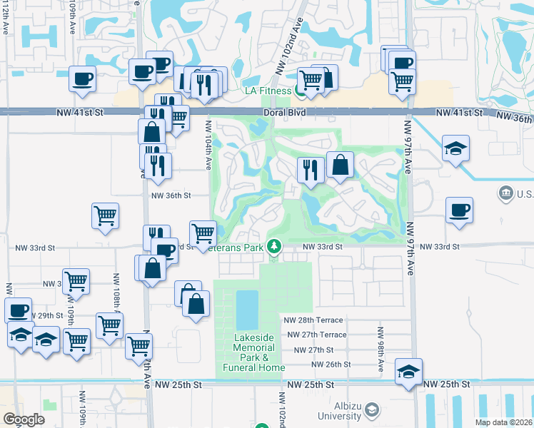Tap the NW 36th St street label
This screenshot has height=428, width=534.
[x=171, y=195]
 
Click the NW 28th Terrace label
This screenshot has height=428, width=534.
[x=314, y=320]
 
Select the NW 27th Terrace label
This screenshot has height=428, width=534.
[x=316, y=335]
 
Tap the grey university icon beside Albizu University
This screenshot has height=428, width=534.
[x=371, y=410]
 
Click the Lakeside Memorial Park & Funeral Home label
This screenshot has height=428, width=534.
[x=253, y=352]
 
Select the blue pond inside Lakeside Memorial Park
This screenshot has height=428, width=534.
[x=246, y=307]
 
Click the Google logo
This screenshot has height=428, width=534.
[x=24, y=419]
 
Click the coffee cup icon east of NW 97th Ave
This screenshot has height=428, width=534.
[x=459, y=210]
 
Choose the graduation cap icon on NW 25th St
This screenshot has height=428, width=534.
[x=408, y=371]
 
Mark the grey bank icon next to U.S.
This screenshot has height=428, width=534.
[x=505, y=193]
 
